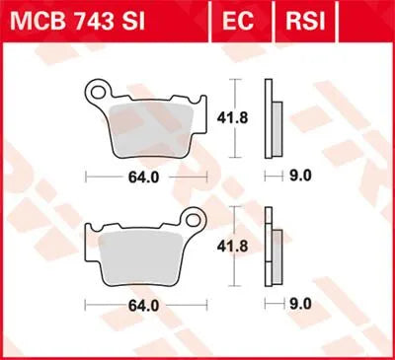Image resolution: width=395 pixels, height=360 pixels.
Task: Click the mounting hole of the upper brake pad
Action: point(97,96)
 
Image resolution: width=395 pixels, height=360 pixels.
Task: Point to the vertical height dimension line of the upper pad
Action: point(234,99)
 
